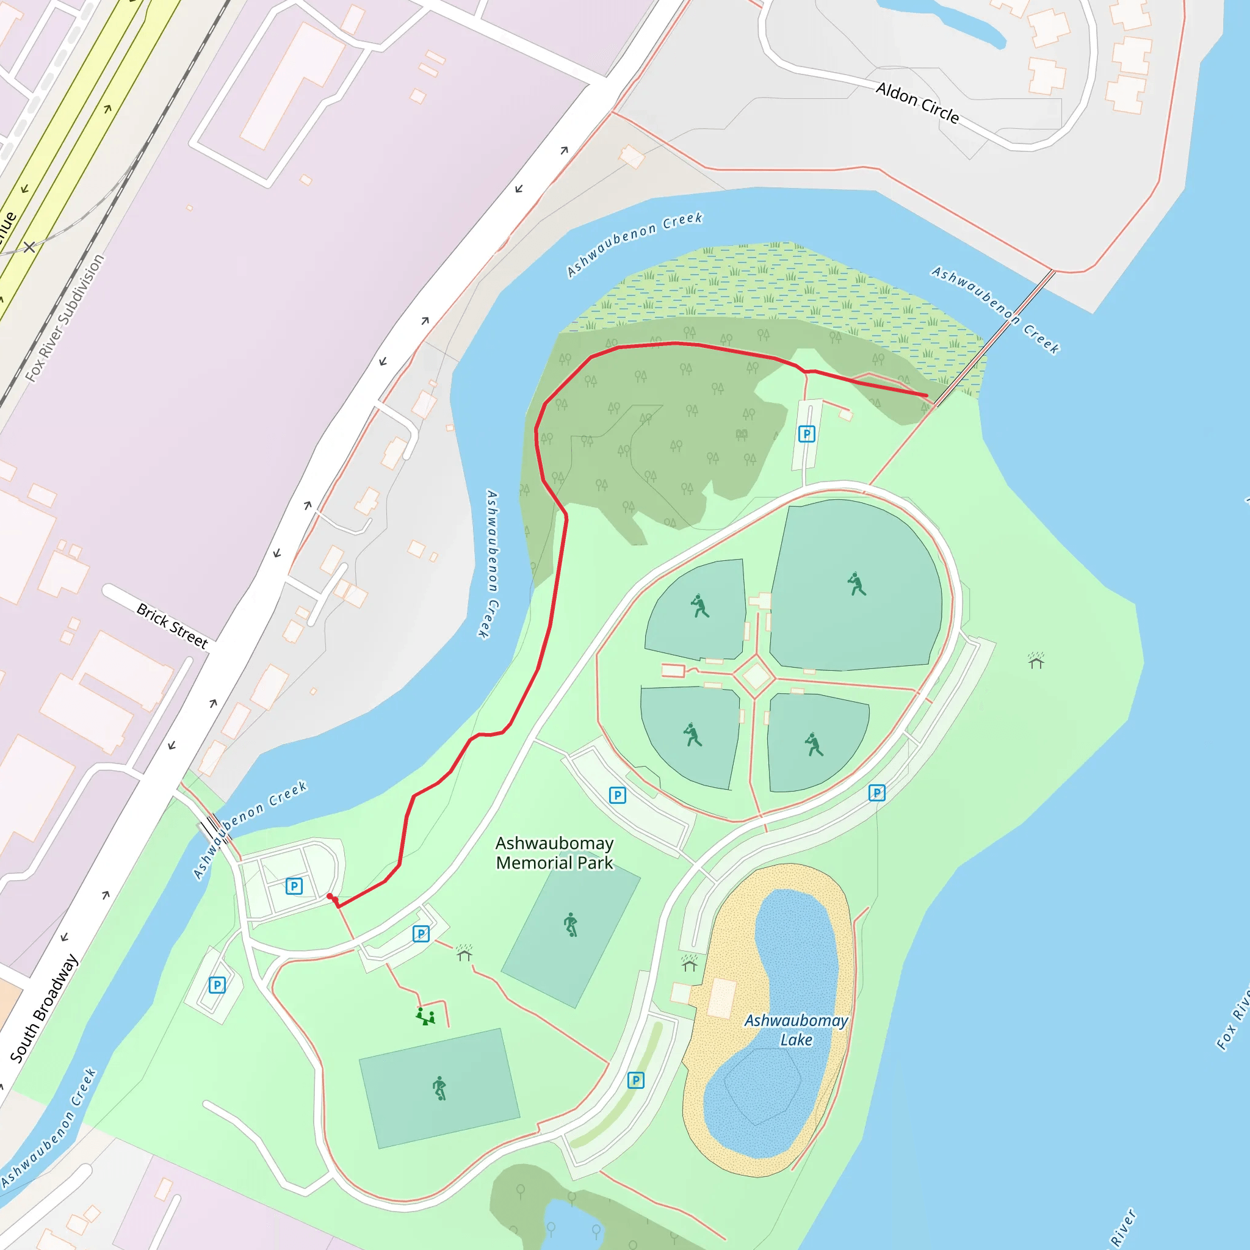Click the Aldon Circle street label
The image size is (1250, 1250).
pyautogui.click(x=917, y=102)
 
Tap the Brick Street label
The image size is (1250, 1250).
pyautogui.click(x=172, y=626)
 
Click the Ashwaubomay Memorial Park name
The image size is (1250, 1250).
pyautogui.click(x=554, y=853)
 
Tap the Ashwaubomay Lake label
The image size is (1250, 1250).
pyautogui.click(x=796, y=1030)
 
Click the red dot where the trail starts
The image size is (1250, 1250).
pyautogui.click(x=330, y=897)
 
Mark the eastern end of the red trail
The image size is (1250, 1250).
pyautogui.click(x=927, y=396)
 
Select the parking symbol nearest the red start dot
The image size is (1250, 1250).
pyautogui.click(x=294, y=886)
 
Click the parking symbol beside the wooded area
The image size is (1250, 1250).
pyautogui.click(x=806, y=433)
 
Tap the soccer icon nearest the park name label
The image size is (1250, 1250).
pyautogui.click(x=570, y=925)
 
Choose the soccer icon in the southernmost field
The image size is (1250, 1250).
pyautogui.click(x=439, y=1088)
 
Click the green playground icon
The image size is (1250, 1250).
pyautogui.click(x=425, y=1016)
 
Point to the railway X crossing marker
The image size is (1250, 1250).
pyautogui.click(x=30, y=247)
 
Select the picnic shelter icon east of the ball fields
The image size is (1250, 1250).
pyautogui.click(x=1036, y=660)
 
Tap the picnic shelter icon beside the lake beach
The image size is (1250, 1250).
pyautogui.click(x=690, y=964)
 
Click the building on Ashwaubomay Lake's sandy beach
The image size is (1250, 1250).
pyautogui.click(x=721, y=998)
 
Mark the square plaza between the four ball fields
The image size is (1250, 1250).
pyautogui.click(x=756, y=676)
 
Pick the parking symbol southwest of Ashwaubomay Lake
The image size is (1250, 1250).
pyautogui.click(x=635, y=1080)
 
